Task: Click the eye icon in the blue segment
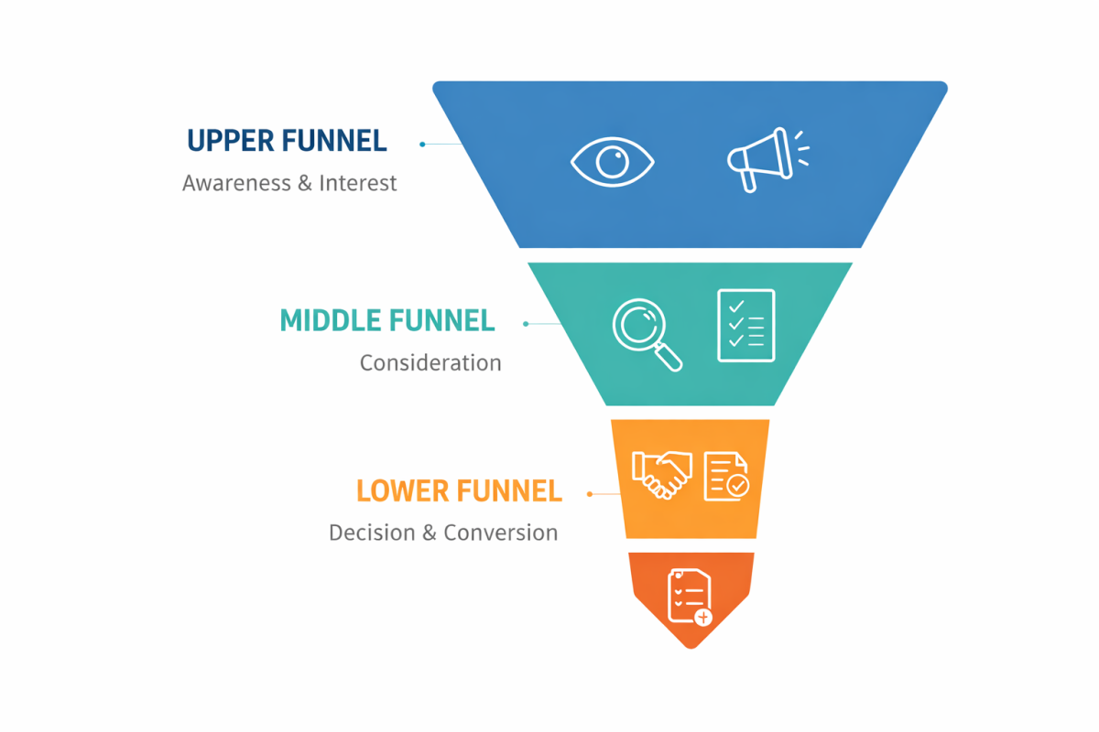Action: coord(612,164)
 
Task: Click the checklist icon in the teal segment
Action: coord(745,325)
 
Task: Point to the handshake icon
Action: coord(661,475)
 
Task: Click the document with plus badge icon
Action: coord(690,597)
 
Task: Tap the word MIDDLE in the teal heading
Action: coord(331,320)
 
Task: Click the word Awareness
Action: coord(235,183)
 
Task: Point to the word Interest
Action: coord(358,183)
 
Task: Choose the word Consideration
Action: coord(430,363)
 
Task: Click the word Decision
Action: coord(371,533)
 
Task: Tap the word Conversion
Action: coord(501,533)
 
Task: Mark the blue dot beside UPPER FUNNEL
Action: coord(422,145)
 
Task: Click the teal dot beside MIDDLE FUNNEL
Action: coord(526,324)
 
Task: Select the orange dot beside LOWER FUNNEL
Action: coord(591,494)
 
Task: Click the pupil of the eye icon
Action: coord(611,164)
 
